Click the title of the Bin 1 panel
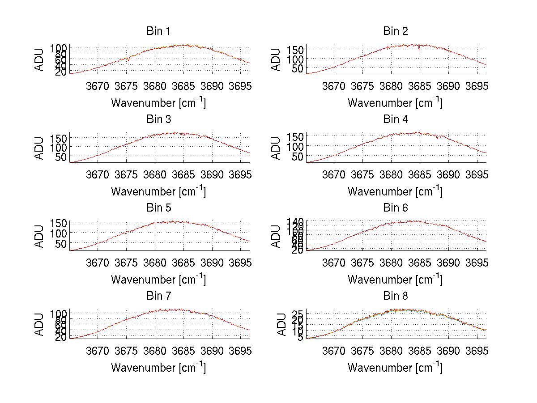coord(158,31)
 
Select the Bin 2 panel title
coord(395,31)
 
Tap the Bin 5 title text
coord(158,208)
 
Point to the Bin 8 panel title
coord(395,296)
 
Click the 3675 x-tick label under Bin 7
coord(126,351)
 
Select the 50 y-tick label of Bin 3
coord(62,157)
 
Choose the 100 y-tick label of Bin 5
coord(59,233)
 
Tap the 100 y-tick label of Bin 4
coord(295,146)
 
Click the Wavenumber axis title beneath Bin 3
coord(158,191)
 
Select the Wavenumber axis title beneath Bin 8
coord(395,368)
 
